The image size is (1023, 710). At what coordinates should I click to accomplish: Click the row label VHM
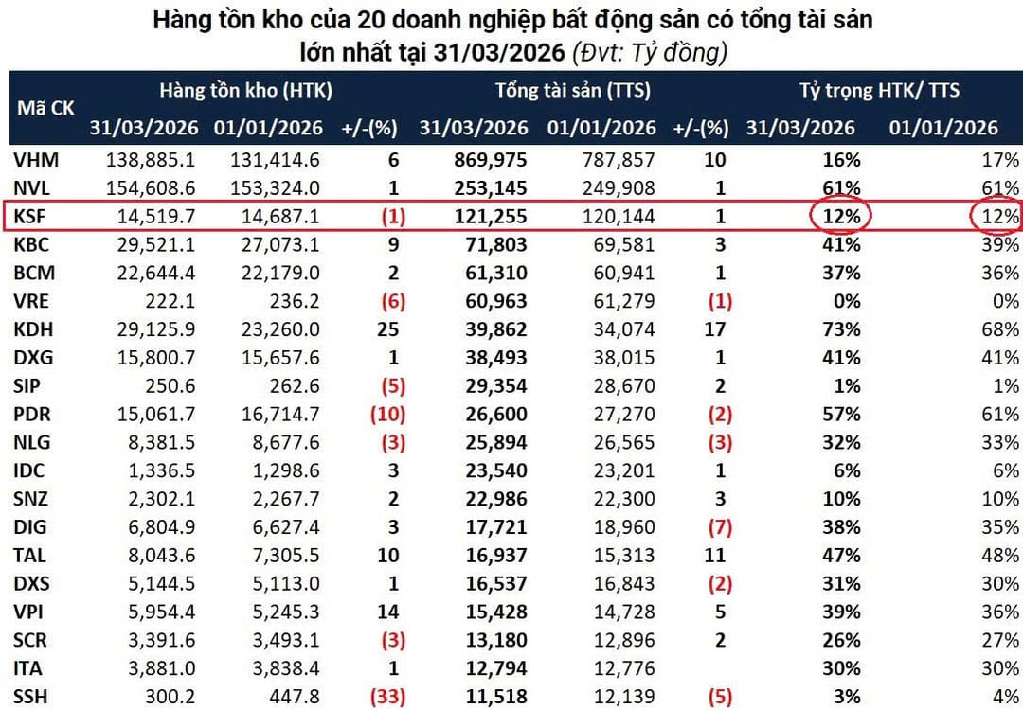pos(36,160)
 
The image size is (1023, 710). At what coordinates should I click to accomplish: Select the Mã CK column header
pos(45,108)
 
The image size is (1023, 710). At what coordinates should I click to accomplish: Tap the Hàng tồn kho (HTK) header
pos(246,91)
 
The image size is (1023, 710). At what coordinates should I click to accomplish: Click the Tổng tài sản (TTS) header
pos(573,91)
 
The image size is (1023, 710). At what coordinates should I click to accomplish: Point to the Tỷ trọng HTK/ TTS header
pos(879,91)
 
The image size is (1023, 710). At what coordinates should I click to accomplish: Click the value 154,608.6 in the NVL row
pos(150,188)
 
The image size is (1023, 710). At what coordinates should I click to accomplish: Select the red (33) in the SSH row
pos(387,697)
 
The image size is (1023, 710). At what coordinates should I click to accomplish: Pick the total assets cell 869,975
pos(491,160)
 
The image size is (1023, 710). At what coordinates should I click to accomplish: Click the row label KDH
pos(33,329)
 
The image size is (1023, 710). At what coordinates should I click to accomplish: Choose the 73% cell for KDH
pos(842,329)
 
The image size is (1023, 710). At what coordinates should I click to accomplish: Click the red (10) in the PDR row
pos(387,414)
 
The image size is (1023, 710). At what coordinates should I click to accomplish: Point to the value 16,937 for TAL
pos(496,556)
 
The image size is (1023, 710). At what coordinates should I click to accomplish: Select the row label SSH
pos(30,697)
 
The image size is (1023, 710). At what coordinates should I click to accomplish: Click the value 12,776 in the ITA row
pos(623,668)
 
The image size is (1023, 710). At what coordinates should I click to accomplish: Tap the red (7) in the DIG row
pos(720,526)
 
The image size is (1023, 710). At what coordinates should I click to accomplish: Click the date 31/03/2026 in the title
pos(499,51)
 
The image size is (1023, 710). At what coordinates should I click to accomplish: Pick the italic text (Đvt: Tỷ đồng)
pos(650,52)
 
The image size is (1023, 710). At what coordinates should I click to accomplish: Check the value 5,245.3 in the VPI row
pos(286,612)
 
